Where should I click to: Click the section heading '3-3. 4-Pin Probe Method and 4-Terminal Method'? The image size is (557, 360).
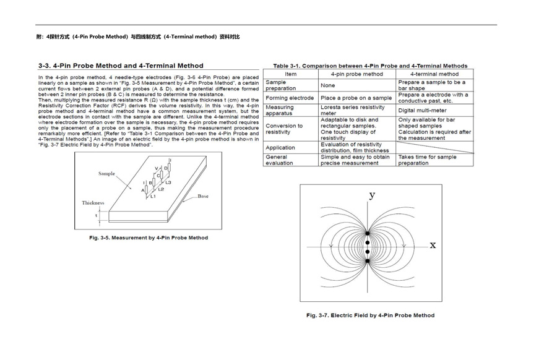(120, 66)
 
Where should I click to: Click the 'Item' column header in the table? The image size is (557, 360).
(290, 74)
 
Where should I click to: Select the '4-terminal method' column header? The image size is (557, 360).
(434, 74)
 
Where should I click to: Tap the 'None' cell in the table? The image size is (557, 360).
(328, 85)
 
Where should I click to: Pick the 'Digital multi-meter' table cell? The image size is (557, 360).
(425, 110)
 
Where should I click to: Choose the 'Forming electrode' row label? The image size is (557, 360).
(290, 98)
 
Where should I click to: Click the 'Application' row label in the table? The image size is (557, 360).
(280, 148)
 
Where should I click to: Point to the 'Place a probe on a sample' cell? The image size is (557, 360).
(356, 98)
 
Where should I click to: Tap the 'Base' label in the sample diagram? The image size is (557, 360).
(203, 197)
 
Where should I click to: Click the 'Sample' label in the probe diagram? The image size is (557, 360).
(106, 174)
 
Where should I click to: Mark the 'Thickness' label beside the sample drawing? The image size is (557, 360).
(93, 203)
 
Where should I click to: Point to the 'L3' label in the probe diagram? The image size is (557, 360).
(168, 182)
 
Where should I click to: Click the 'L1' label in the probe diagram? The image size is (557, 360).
(153, 196)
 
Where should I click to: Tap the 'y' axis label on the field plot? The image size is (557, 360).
(372, 195)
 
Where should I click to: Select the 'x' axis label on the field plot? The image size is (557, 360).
(433, 245)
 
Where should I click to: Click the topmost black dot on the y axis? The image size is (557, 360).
(367, 233)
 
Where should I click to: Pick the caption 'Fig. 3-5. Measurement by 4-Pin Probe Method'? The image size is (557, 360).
(149, 238)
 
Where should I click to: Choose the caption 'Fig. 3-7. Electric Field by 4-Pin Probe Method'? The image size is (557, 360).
(370, 315)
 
